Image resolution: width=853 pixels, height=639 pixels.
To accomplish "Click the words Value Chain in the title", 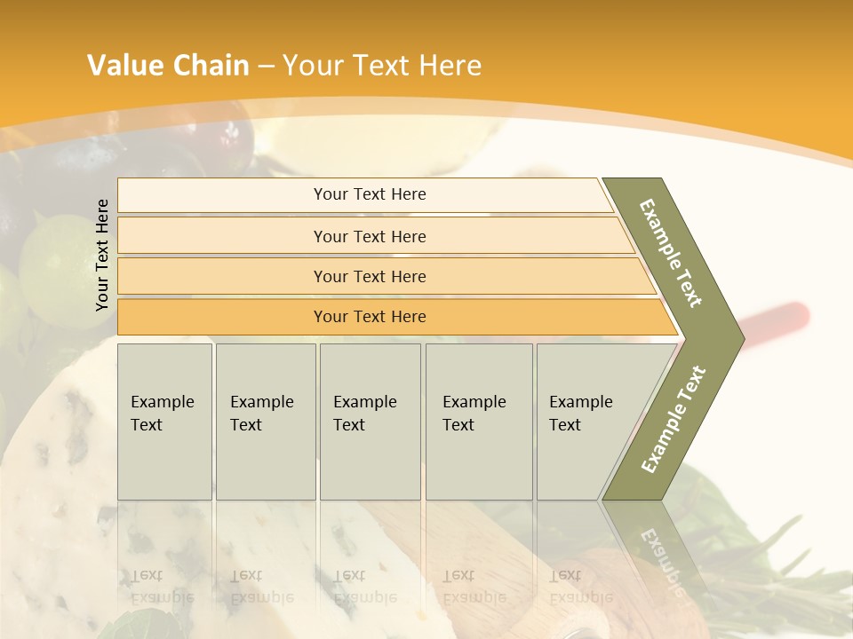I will pos(168,66).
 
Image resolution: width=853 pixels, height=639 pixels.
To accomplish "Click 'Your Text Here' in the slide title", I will pos(382,66).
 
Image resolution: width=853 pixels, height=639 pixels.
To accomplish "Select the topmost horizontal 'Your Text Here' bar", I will pos(370,194).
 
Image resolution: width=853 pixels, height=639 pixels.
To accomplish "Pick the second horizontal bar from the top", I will pos(370,236).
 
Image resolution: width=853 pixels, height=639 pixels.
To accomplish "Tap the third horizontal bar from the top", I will pos(370,276).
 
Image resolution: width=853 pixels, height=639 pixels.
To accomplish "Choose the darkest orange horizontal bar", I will pos(370,317).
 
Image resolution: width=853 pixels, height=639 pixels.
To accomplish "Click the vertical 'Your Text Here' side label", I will pos(102,255).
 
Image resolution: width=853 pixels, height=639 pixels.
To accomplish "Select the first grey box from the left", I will pos(164,422).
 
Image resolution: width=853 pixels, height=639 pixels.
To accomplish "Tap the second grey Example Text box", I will pos(266,422).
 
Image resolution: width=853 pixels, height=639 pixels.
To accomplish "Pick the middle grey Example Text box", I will pos(370,422).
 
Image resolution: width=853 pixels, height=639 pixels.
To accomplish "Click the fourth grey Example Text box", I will pos(479,422).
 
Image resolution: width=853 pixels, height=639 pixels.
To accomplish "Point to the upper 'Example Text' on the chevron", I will pos(671,253).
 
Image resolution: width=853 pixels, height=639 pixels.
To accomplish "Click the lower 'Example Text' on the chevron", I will pos(673,420).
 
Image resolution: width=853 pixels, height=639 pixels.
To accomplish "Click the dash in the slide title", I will pos(266,67).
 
